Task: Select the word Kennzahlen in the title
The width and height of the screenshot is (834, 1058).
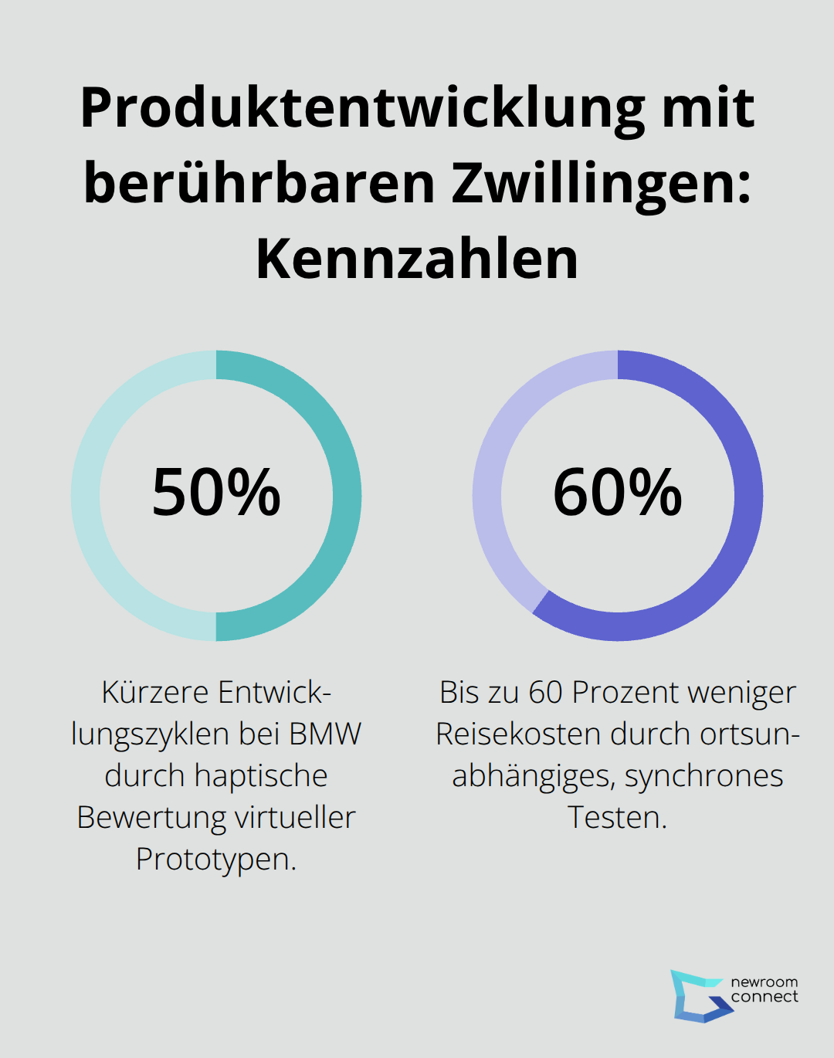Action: pos(417,259)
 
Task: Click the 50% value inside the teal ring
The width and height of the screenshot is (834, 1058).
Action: pos(216,493)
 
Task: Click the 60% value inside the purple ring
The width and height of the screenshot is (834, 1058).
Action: pos(618,493)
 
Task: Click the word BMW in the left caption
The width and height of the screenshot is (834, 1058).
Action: pos(325,734)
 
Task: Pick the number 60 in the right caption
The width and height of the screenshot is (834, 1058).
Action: pos(546,692)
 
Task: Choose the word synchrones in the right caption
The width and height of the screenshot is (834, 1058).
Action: pos(703,775)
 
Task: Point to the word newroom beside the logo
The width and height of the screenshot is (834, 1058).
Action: pos(764,982)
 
